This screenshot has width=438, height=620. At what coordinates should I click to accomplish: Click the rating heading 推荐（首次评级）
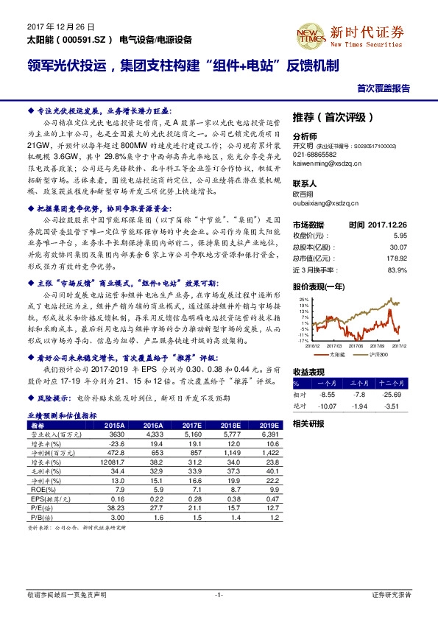click(333, 117)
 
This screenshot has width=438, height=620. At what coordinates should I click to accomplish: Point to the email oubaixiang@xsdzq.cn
click(322, 203)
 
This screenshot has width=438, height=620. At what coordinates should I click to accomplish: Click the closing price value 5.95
click(400, 236)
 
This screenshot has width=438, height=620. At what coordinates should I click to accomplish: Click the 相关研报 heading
click(308, 423)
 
